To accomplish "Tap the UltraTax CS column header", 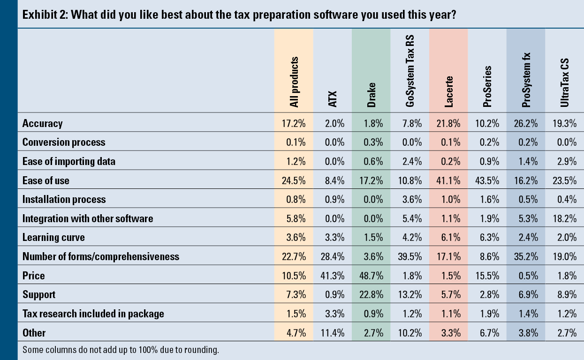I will (x=565, y=84).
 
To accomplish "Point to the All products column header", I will (x=294, y=82).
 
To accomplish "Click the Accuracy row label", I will (x=42, y=123).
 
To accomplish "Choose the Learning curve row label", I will (x=53, y=237).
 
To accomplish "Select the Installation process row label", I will (x=64, y=199).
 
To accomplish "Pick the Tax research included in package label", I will (x=93, y=314).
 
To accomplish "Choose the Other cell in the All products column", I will (x=296, y=333).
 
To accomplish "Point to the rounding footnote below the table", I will (x=121, y=350).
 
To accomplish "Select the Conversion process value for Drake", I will (x=373, y=142).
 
